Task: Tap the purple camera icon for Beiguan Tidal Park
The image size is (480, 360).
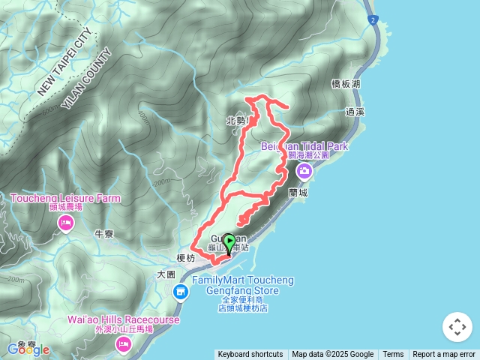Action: (x=304, y=171)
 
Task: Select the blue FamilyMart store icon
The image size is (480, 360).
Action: (x=180, y=292)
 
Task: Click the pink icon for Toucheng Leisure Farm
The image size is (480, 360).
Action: (x=66, y=223)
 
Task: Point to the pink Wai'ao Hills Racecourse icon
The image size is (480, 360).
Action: (x=123, y=344)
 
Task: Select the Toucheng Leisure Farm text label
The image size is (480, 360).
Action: (x=65, y=199)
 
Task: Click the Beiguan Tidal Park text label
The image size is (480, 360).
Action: (x=304, y=146)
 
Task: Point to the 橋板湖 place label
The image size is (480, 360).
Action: (x=346, y=85)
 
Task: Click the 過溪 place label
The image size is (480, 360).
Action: (x=355, y=112)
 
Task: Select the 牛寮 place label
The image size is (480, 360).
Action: (x=103, y=234)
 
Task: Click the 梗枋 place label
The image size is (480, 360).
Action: (x=185, y=257)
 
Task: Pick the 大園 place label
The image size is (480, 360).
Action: (x=166, y=275)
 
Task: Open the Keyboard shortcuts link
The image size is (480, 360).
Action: (x=250, y=355)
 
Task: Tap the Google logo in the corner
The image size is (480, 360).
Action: (x=28, y=349)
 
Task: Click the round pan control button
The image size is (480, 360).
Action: (x=457, y=328)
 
